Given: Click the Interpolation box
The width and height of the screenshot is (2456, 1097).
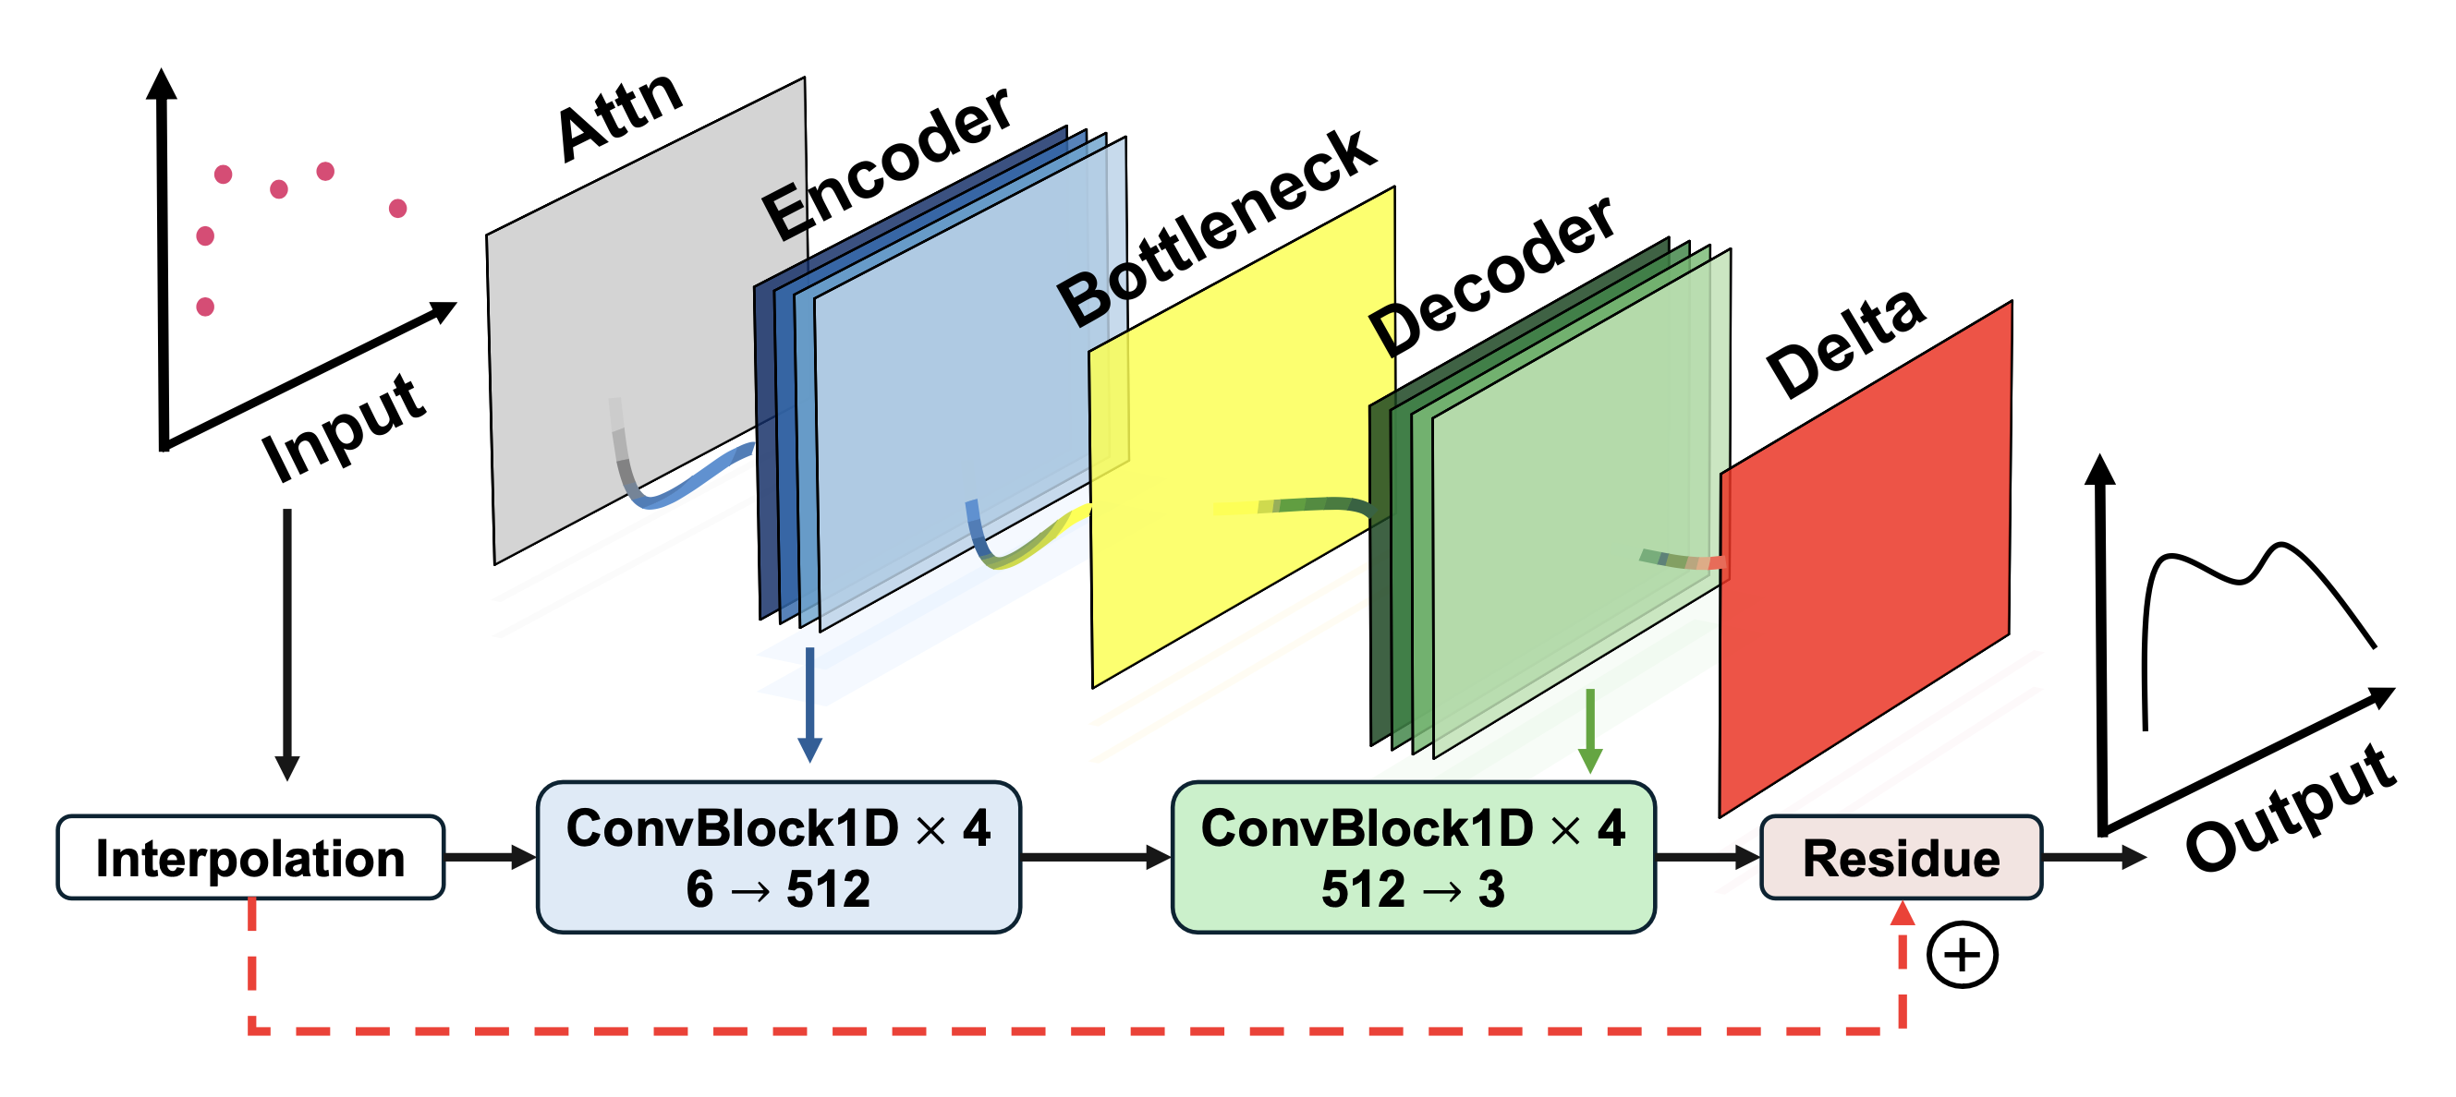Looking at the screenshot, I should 249,858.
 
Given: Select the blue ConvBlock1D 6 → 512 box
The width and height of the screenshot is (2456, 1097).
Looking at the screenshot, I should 778,857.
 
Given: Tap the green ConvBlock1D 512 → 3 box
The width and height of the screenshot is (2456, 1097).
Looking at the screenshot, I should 1413,857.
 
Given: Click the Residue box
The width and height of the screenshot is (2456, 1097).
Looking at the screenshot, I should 1900,858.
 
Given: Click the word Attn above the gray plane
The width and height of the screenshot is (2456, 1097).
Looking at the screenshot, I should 620,116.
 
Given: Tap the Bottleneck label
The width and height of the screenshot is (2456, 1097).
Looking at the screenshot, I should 1217,229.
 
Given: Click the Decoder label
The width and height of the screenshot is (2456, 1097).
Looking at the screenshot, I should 1491,276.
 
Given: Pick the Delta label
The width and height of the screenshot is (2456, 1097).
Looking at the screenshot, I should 1845,344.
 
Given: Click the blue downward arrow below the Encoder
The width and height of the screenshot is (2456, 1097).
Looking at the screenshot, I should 809,705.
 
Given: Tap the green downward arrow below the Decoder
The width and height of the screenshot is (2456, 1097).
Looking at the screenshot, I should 1589,730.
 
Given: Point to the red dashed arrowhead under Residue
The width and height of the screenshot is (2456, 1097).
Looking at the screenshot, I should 1903,913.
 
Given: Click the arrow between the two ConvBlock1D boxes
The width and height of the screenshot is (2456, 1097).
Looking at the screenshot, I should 1095,857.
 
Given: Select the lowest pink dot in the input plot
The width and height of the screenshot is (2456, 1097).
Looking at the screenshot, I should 205,307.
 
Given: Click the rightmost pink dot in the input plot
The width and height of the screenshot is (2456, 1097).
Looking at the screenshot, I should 398,208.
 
